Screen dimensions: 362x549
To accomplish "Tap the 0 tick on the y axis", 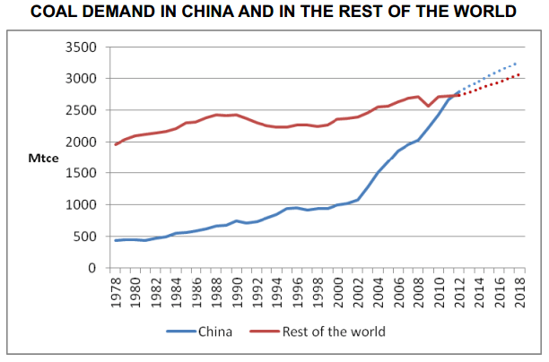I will click(91, 268).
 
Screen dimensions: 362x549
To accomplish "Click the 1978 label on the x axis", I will click(116, 291).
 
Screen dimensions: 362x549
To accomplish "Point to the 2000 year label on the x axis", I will click(338, 291).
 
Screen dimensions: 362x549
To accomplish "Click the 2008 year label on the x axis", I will click(418, 291).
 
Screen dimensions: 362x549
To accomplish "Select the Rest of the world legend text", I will click(334, 332).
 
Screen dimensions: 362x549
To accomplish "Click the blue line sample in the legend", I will click(179, 332).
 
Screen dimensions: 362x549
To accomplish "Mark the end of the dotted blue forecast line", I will click(518, 63).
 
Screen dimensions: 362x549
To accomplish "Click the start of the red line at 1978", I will click(116, 144).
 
